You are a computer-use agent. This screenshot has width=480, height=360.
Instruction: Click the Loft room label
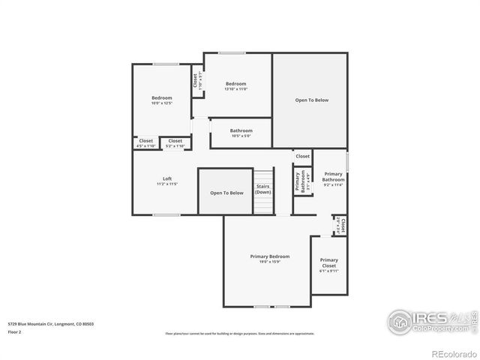pos(167,181)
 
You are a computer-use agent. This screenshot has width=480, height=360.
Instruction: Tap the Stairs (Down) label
pos(262,189)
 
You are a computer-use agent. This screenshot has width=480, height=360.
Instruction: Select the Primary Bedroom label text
pos(269,259)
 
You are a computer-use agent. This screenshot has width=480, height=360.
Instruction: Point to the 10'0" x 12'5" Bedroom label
pos(161,100)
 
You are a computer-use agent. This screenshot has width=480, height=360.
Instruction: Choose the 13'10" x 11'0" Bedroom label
pos(235,86)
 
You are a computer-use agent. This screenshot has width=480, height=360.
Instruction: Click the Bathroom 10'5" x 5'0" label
pos(241,133)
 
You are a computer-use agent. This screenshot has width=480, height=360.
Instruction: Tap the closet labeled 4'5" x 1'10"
pos(145,142)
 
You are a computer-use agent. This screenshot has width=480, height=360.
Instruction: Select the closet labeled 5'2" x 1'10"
pos(175,142)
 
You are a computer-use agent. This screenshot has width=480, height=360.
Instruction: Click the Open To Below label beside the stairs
pos(226,193)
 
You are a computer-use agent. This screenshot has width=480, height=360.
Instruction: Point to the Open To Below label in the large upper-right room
pos(311,100)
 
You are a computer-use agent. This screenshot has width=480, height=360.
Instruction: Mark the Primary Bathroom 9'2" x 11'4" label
pos(333,179)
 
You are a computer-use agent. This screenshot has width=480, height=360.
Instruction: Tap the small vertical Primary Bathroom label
pos(301,181)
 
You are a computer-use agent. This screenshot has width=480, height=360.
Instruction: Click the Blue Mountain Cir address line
pos(51,324)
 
